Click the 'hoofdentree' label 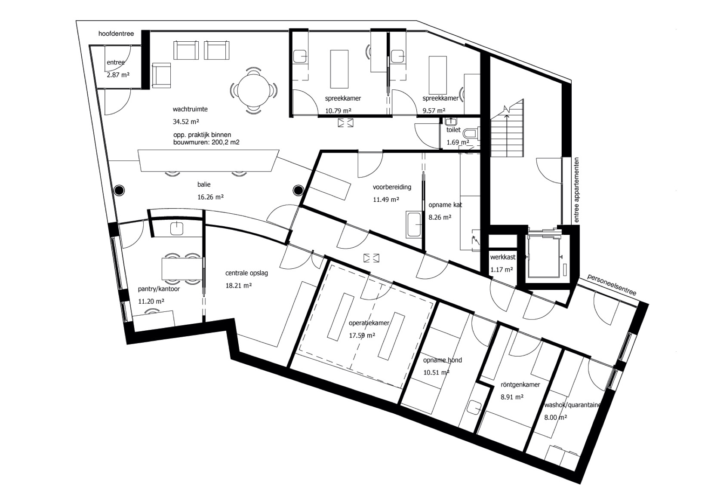tap(116, 34)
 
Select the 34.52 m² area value tap(186, 121)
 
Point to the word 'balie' tap(204, 184)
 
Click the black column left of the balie tap(119, 190)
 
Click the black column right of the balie tap(299, 190)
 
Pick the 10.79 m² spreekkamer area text tap(338, 111)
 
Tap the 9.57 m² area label tap(434, 111)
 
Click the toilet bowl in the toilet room tap(470, 133)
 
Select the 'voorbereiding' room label tap(392, 187)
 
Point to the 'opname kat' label tap(445, 205)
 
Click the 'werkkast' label tap(503, 257)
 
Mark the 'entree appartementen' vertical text tap(576, 190)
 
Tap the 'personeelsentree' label tap(612, 284)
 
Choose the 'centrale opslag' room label tap(247, 273)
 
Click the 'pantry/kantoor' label tap(159, 289)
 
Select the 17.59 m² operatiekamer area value tap(362, 335)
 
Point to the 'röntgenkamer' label tap(520, 384)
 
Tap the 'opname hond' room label tap(443, 360)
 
